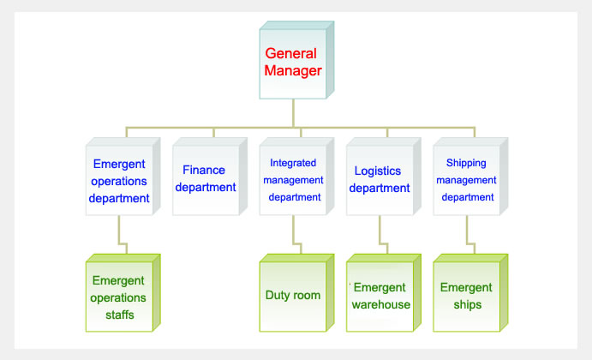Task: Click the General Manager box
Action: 296,60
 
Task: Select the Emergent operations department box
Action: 123,177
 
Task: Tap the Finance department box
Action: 210,177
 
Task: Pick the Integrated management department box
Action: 296,177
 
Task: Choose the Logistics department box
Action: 384,177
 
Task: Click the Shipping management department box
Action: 470,177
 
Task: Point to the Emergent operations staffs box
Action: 123,293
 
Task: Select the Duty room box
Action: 296,293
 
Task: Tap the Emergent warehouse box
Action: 384,293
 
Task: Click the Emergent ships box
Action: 470,293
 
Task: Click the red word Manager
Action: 293,71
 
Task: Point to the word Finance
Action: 204,170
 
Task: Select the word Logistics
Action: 378,171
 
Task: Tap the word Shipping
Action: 466,163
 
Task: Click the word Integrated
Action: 293,163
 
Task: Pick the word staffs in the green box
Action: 120,315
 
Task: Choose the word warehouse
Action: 381,305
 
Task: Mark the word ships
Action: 468,305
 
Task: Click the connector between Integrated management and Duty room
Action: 297,235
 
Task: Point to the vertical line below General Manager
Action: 293,113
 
